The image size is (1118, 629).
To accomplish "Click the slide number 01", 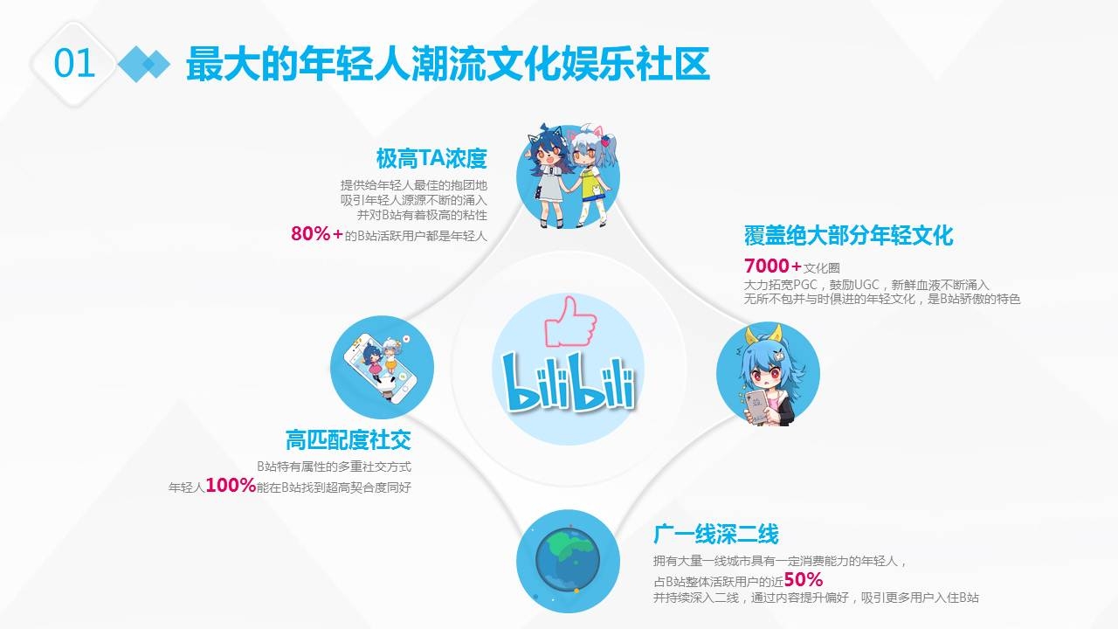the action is click(74, 64).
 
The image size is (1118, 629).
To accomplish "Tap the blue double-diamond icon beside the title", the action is click(144, 64).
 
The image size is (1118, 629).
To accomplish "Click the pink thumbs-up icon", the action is click(570, 321).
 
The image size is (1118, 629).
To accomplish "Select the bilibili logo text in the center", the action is click(568, 382).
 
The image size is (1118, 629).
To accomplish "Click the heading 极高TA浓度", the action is click(431, 158).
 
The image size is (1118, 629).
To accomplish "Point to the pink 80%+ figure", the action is click(317, 233).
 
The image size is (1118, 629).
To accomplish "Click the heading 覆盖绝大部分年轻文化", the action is click(848, 236).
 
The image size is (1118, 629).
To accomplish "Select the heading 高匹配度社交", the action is click(349, 439).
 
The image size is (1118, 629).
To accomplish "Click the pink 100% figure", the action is click(231, 485).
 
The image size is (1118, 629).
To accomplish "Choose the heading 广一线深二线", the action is click(715, 534).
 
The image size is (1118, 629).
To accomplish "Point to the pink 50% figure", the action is click(804, 579).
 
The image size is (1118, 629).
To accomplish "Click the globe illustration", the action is click(568, 559).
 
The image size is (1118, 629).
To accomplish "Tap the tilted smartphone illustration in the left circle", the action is click(380, 368).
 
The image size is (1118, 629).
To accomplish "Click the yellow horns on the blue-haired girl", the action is click(763, 334).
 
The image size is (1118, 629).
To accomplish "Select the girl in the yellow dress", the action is click(592, 175).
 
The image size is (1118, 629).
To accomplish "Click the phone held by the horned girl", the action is click(758, 407).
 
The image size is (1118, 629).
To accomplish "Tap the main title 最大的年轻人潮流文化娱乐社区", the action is click(448, 64).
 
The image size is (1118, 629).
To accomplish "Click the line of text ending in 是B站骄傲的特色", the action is click(882, 299).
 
